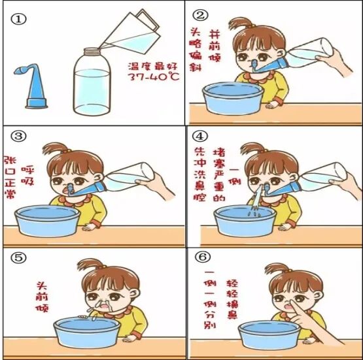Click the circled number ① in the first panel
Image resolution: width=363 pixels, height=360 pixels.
18,19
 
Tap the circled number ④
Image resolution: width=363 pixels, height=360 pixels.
200,136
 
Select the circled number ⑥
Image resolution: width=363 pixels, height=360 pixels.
203,257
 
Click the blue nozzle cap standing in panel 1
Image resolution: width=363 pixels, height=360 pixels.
33,88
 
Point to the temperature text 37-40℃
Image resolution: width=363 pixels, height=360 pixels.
154,76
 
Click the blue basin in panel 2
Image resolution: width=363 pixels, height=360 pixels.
233,98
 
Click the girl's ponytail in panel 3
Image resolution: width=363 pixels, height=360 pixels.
54,148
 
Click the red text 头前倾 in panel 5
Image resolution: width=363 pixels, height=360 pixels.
43,297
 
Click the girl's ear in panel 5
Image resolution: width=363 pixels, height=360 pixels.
135,293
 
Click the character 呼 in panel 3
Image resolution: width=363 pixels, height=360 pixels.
27,170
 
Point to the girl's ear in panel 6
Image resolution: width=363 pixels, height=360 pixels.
319,296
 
